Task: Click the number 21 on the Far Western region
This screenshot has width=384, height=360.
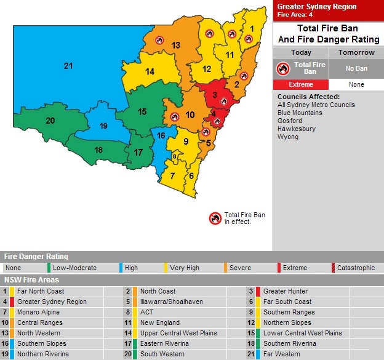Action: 68,66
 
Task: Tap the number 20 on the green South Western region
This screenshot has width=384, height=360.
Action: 50,120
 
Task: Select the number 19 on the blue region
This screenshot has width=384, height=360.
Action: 103,126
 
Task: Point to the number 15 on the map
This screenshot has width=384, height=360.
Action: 142,111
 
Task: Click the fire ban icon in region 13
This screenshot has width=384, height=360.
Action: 160,40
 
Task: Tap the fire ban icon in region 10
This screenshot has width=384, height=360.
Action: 175,116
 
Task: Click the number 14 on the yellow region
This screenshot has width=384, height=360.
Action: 150,71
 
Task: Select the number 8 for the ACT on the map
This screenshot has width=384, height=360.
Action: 174,156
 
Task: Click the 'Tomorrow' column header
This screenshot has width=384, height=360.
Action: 356,52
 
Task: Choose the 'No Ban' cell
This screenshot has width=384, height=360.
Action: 356,68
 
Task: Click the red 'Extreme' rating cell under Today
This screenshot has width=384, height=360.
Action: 301,84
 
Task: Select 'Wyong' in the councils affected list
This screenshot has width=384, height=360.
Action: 287,137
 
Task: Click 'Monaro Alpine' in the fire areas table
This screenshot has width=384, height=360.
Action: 38,313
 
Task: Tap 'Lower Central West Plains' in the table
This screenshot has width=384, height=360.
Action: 302,334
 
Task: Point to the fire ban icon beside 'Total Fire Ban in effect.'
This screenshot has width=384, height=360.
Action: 215,218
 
